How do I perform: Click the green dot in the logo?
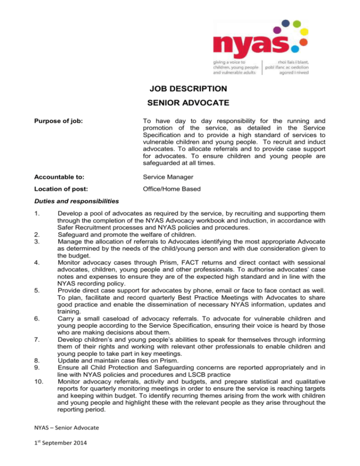pos(295,22)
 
